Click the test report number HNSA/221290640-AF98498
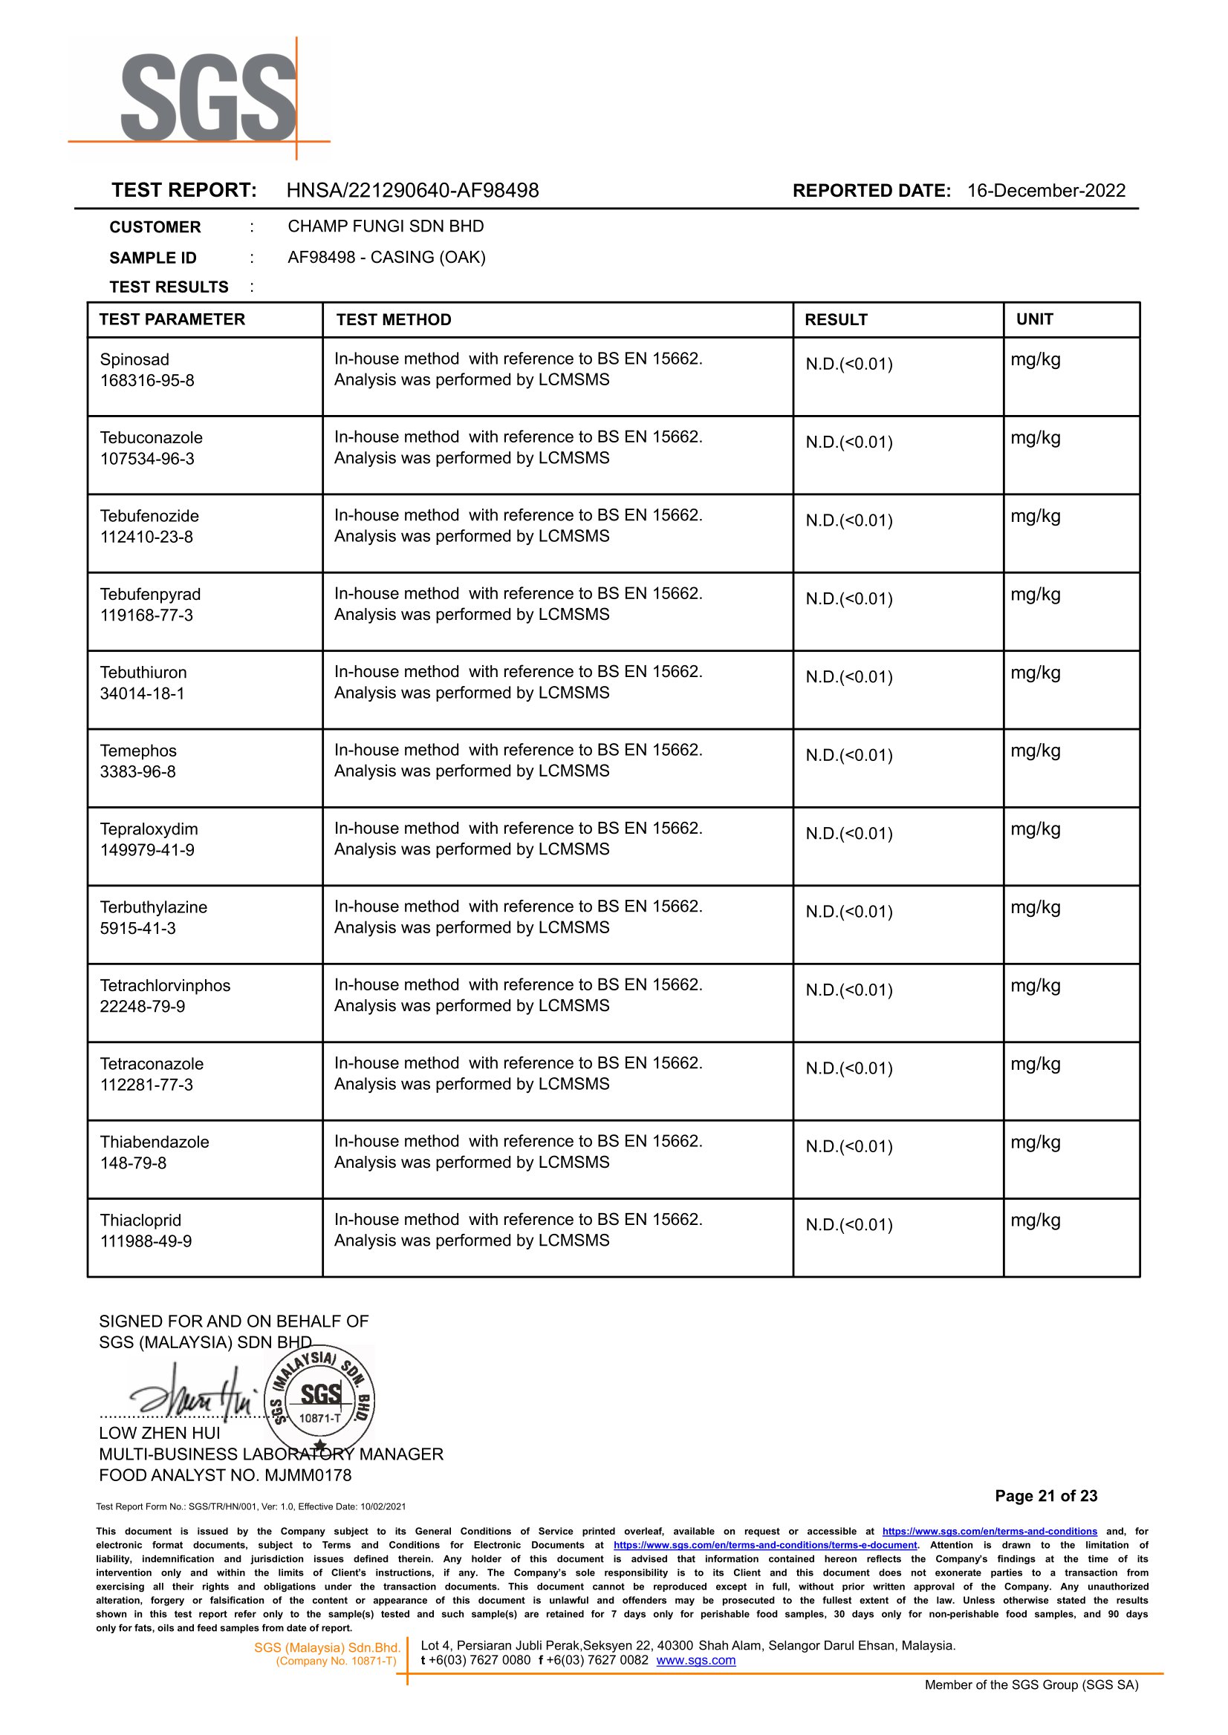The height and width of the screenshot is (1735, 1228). pos(412,190)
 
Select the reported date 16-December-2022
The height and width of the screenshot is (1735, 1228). pos(1046,190)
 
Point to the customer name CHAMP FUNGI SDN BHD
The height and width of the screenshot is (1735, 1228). pos(386,226)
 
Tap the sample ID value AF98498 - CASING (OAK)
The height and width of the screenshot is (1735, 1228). pos(386,258)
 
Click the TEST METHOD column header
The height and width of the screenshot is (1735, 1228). pos(393,320)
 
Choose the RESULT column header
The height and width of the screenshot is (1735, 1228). pos(836,320)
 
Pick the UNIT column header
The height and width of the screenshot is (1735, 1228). pos(1034,319)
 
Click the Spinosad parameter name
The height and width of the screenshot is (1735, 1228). pos(134,359)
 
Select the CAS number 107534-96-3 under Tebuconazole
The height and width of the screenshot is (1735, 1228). pos(147,459)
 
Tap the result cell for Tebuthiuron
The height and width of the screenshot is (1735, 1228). pos(849,677)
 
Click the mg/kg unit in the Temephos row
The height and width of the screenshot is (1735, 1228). pos(1035,751)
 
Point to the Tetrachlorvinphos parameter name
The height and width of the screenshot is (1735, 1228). pos(165,985)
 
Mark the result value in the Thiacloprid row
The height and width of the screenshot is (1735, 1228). pos(849,1225)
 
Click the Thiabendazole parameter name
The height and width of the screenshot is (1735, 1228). pos(155,1142)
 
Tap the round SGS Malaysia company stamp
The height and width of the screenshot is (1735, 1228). pos(321,1397)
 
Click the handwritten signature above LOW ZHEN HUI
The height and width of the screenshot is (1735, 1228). pos(193,1395)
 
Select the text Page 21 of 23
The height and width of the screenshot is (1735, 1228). pos(1046,1495)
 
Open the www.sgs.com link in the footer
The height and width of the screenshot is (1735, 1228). pos(695,1660)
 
